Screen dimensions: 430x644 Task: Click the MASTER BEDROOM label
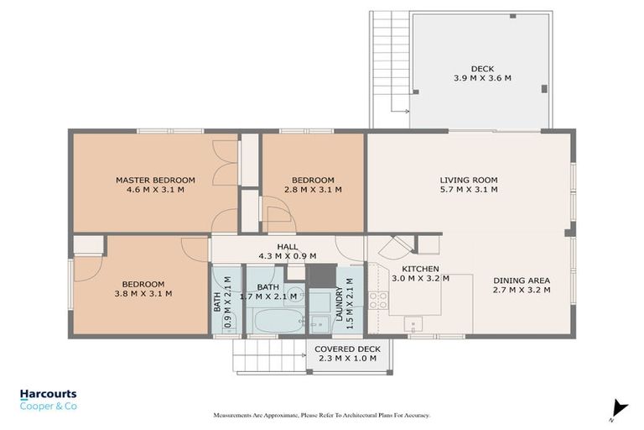click(155, 185)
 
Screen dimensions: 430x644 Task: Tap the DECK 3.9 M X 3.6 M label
click(482, 72)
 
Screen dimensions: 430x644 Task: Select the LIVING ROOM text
click(469, 185)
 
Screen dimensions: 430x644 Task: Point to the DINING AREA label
click(521, 285)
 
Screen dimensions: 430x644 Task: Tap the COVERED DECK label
click(347, 354)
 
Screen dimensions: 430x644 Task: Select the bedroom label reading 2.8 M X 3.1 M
click(313, 185)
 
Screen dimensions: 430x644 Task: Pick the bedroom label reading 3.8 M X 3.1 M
click(143, 289)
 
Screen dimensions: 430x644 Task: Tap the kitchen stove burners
click(377, 300)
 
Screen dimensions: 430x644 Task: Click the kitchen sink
click(413, 323)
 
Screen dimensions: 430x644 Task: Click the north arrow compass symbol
click(620, 408)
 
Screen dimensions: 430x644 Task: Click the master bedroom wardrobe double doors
click(223, 163)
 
